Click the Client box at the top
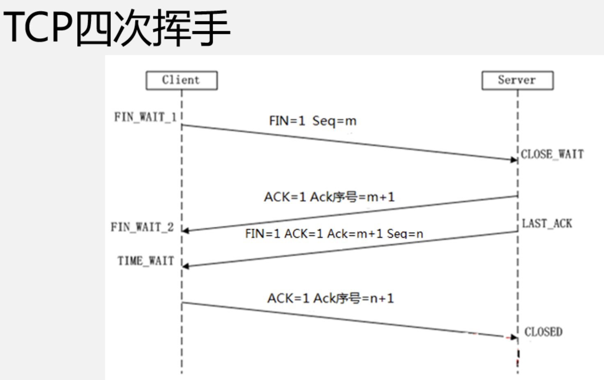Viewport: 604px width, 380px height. (181, 80)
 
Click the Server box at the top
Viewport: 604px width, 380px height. (517, 80)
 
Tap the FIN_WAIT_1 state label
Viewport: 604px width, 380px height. (145, 117)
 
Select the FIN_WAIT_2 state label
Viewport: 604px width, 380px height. (142, 227)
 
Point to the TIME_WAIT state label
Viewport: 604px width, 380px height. (146, 261)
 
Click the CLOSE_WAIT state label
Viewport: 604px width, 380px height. (552, 154)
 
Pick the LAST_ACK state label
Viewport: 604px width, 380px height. (547, 223)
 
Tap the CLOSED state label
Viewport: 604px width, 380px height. (543, 332)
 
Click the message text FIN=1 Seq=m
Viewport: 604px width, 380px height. (312, 121)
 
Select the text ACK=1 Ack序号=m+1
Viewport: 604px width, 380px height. (329, 197)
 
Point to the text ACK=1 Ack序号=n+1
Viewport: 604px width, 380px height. (331, 298)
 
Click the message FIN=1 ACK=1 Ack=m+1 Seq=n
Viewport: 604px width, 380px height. (334, 233)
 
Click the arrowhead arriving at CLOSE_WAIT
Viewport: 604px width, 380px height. (514, 159)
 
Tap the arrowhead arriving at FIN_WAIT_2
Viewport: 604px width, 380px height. (186, 230)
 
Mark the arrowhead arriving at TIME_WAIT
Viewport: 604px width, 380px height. (186, 266)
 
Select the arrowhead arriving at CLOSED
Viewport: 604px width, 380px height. (513, 337)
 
